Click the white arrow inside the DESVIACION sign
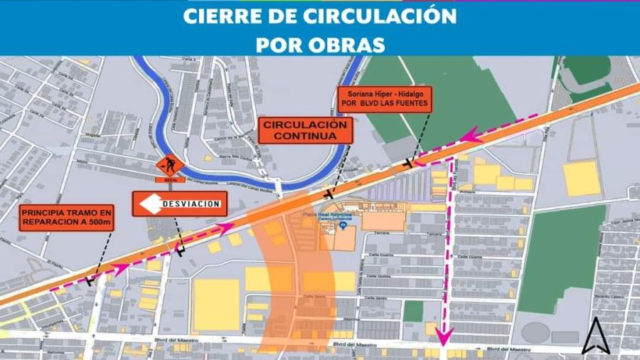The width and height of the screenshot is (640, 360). (149, 205)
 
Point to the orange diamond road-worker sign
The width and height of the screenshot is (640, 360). (170, 166)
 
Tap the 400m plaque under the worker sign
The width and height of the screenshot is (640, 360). (170, 180)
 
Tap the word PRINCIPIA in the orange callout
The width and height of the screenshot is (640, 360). (44, 212)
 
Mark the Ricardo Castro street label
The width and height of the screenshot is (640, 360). (610, 295)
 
